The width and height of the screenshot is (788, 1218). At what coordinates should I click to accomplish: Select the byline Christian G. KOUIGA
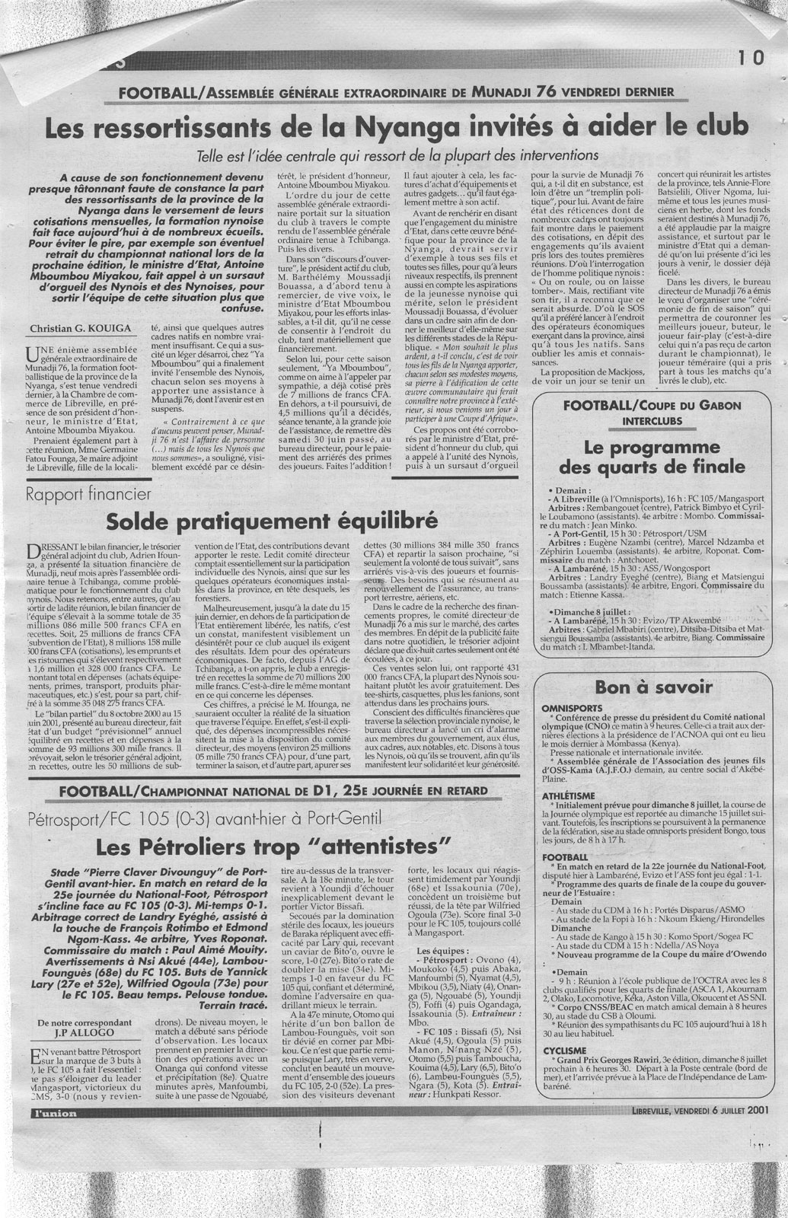(77, 329)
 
